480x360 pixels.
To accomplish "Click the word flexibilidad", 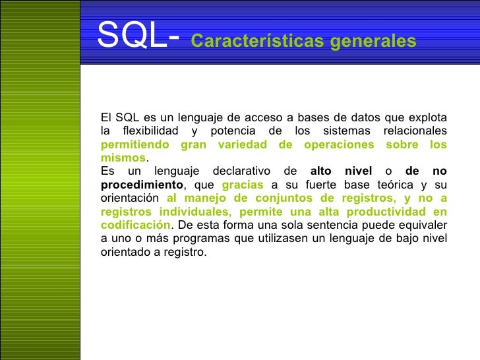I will [145, 131].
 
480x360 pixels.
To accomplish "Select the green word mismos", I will [123, 158].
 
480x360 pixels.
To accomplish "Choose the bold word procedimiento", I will [141, 185].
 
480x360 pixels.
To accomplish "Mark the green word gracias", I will [243, 185].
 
